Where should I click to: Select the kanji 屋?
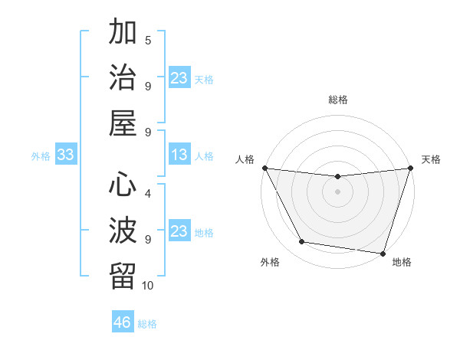123,124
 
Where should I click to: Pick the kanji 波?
123,231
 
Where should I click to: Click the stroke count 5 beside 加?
148,40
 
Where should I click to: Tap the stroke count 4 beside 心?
148,194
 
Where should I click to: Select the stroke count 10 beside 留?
148,286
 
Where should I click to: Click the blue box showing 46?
123,322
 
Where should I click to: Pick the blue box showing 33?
66,155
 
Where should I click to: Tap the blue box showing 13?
179,155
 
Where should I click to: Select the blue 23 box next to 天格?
179,78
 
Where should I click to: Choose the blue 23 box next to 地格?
179,232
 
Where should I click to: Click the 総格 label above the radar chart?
337,100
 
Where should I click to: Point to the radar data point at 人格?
264,168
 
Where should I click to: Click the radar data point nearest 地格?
383,253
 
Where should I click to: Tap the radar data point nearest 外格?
301,242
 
